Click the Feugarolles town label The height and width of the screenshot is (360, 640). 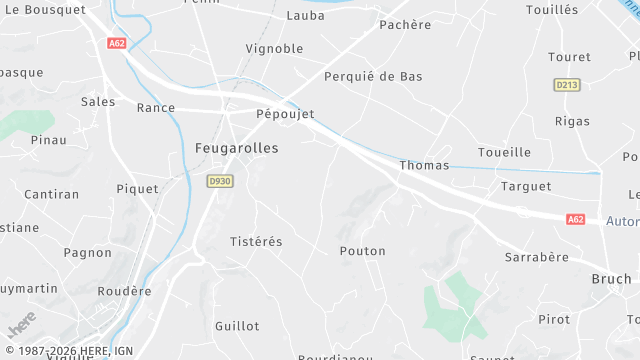click(x=236, y=148)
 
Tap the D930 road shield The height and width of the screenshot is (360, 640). click(x=219, y=181)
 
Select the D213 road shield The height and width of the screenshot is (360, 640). click(x=567, y=85)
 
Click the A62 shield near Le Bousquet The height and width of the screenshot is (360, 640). click(x=117, y=43)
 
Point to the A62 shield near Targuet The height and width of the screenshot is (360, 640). click(x=575, y=219)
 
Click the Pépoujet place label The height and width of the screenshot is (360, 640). click(x=285, y=114)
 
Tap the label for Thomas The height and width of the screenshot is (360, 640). click(x=424, y=165)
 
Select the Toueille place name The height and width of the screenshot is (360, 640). click(x=504, y=152)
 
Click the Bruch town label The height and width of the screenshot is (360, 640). click(x=611, y=279)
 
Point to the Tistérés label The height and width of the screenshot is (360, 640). click(x=257, y=242)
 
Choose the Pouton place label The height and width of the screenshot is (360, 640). click(x=362, y=251)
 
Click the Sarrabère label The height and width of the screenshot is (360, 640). click(x=536, y=257)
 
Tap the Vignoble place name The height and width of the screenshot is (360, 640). click(x=274, y=48)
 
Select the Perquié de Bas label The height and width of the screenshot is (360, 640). click(x=373, y=76)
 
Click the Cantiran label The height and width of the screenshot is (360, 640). click(x=51, y=194)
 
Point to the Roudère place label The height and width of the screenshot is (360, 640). click(x=125, y=291)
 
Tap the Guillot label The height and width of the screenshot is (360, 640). click(x=237, y=326)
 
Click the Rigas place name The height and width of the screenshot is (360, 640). click(x=571, y=121)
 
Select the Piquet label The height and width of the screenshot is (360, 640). click(x=138, y=188)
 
